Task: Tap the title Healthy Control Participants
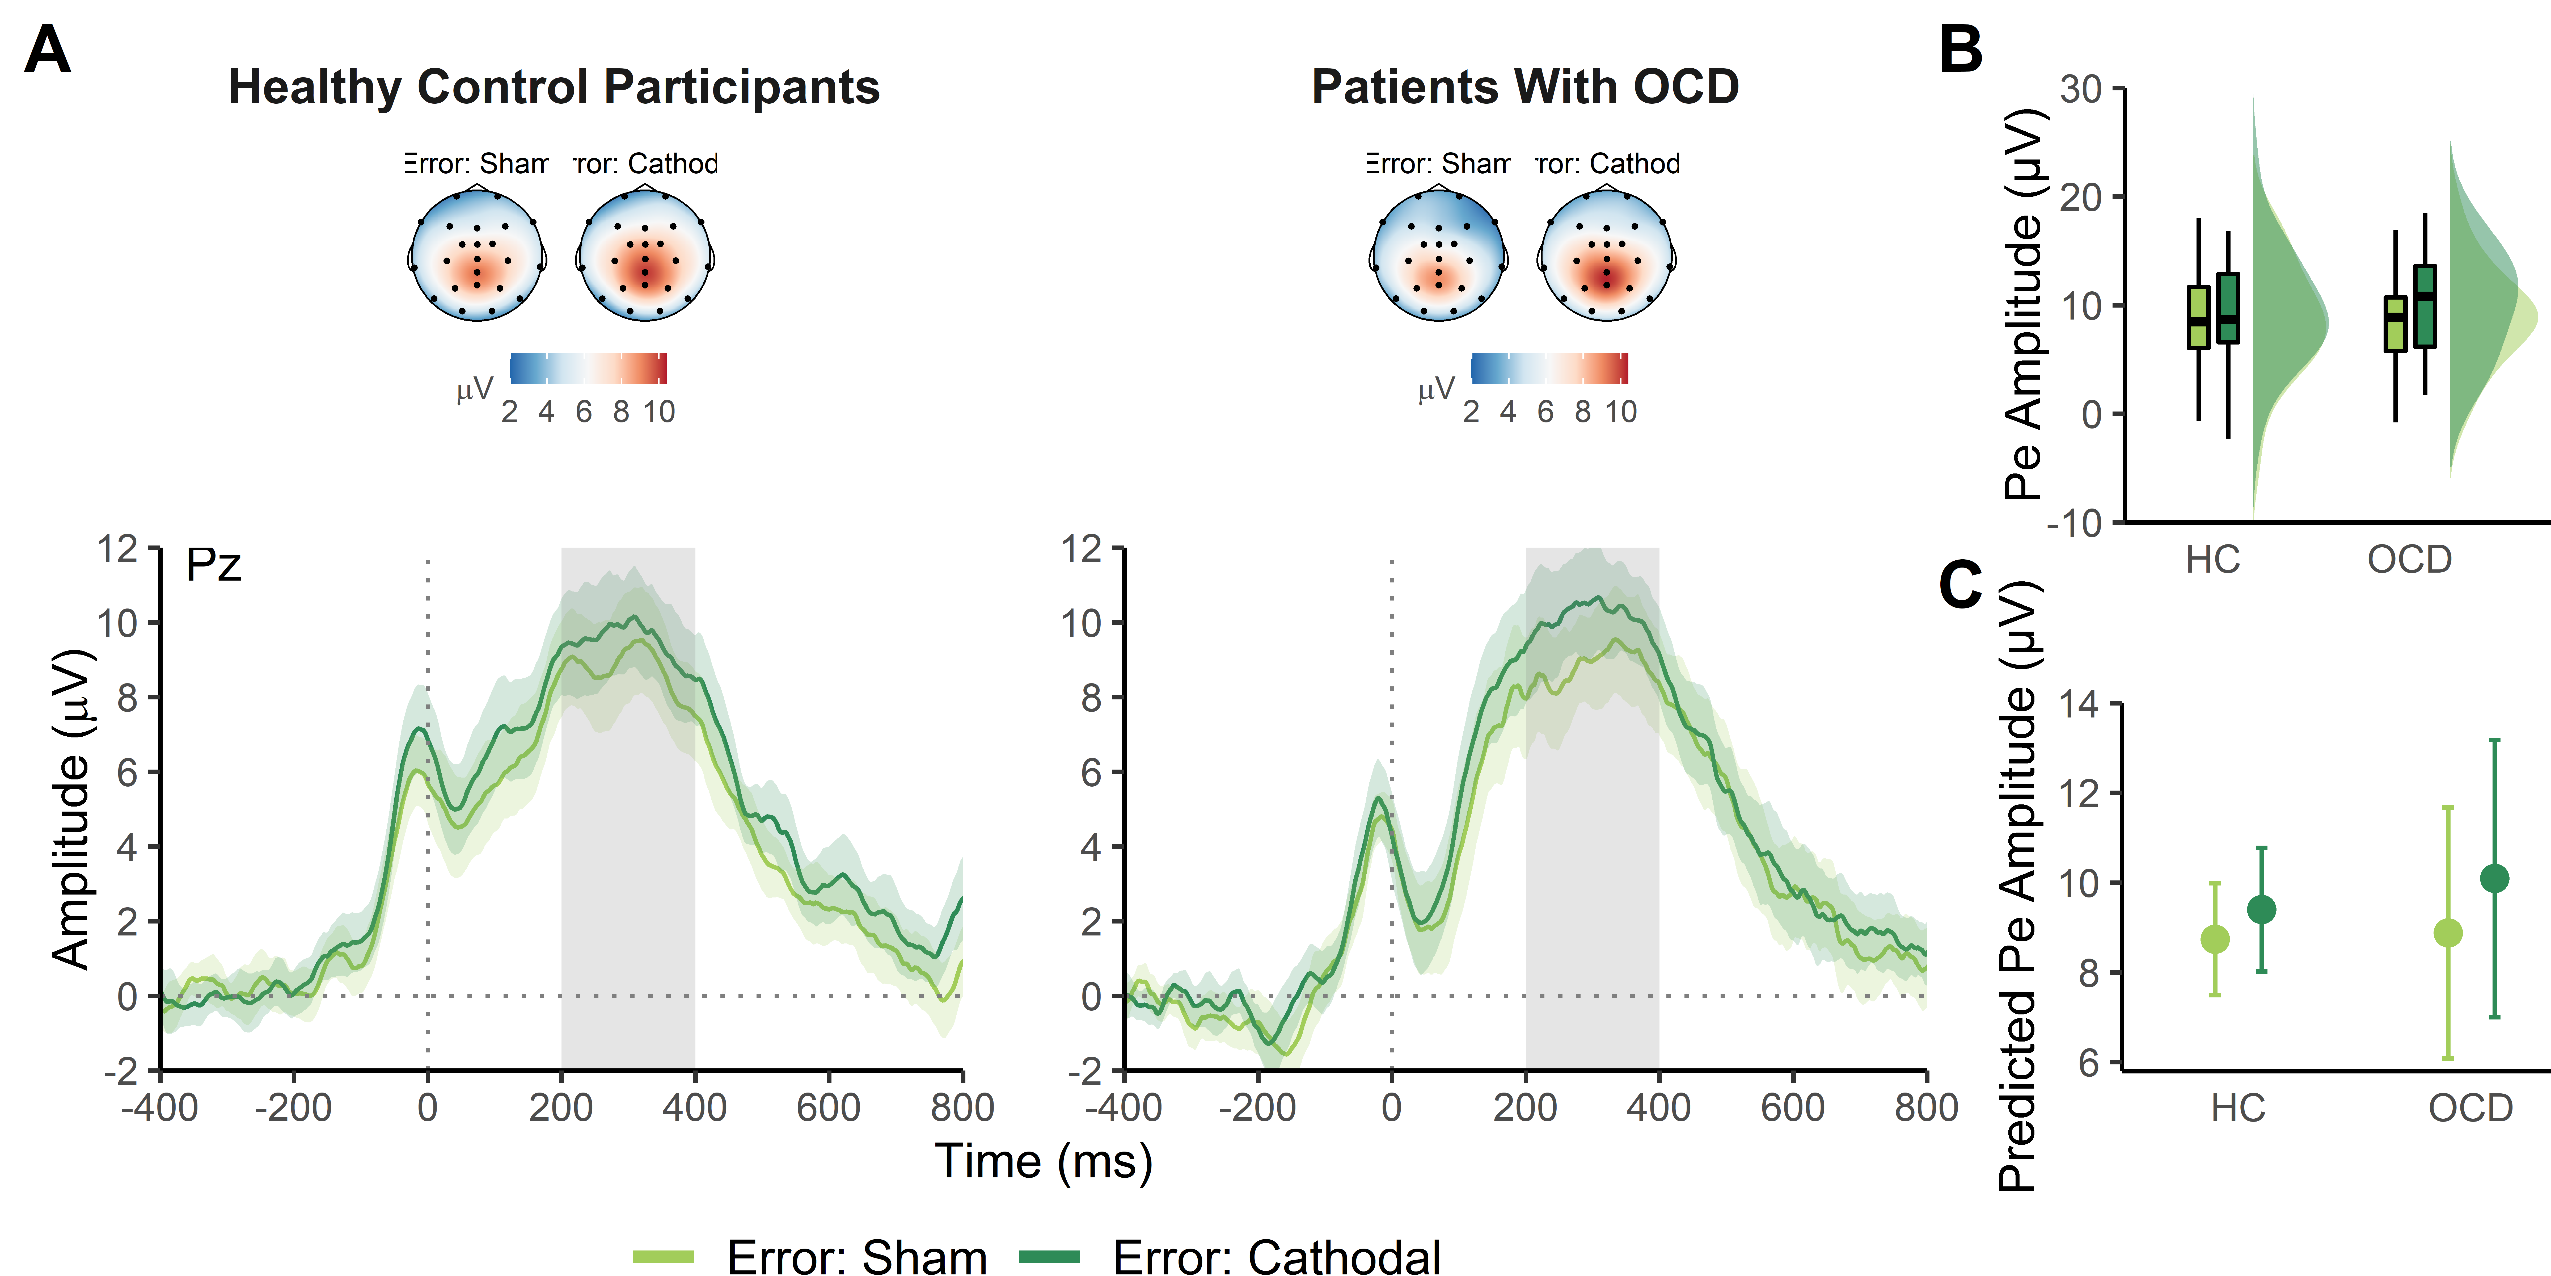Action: click(554, 87)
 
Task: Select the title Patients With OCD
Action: click(1525, 87)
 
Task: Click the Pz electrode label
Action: click(213, 565)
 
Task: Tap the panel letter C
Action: click(1961, 585)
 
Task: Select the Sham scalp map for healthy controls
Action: click(477, 255)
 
